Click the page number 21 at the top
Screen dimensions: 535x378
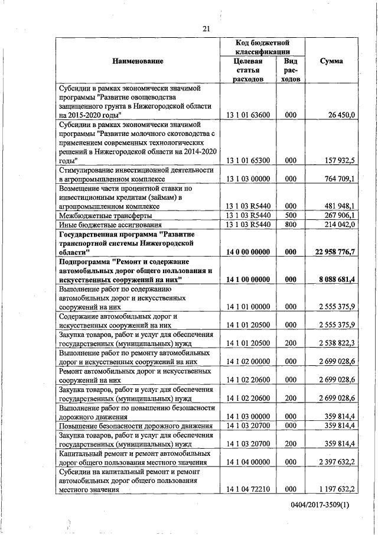pos(206,28)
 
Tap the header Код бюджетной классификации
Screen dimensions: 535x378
pos(261,47)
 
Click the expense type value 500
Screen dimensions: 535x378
pos(290,215)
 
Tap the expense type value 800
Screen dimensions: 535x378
pos(290,225)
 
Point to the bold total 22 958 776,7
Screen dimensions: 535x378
pos(334,252)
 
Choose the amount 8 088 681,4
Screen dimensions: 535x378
pos(335,279)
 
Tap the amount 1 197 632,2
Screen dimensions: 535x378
pos(335,489)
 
